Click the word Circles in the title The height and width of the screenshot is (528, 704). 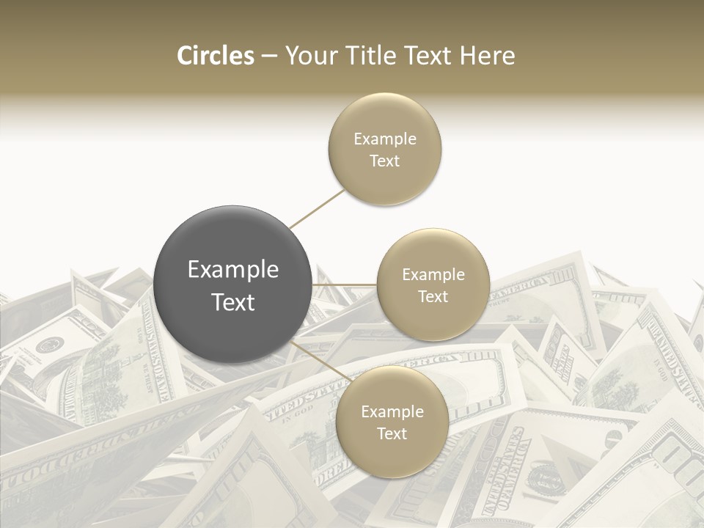tap(215, 56)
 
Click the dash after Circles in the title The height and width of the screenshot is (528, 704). tap(268, 56)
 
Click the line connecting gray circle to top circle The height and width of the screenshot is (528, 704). tap(317, 208)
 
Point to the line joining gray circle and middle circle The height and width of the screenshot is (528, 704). tap(345, 285)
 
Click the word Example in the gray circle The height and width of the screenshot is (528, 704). tap(233, 270)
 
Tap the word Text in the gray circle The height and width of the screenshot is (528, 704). tap(233, 302)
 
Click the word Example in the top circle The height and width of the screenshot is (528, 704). tap(385, 139)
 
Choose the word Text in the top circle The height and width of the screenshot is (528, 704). tap(385, 161)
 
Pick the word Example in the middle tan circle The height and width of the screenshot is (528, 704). tap(433, 274)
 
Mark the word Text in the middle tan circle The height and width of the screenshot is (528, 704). tap(433, 296)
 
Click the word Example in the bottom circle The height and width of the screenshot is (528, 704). tap(392, 411)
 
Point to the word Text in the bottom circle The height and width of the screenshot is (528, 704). tap(392, 433)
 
